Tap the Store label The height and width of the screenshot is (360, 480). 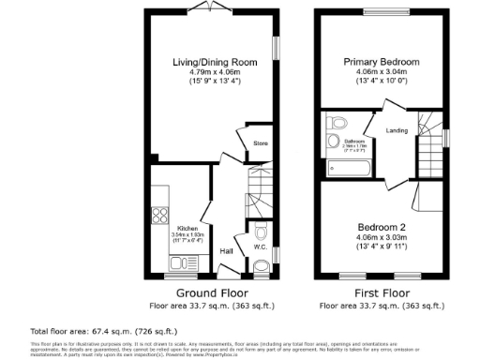pos(261,143)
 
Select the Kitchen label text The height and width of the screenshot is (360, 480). pos(187,229)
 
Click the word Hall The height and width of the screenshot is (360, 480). pos(226,251)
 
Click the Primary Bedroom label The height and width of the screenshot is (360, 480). pos(380,62)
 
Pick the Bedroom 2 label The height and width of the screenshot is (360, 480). pos(380,227)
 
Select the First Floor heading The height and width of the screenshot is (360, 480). pos(379,292)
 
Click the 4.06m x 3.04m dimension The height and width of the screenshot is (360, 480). pos(380,71)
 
